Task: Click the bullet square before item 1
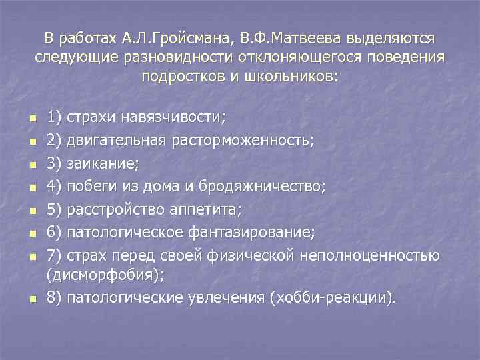[x=31, y=119]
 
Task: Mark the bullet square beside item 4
[x=31, y=189]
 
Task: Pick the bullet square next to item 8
[x=31, y=299]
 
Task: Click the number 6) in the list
[x=54, y=233]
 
